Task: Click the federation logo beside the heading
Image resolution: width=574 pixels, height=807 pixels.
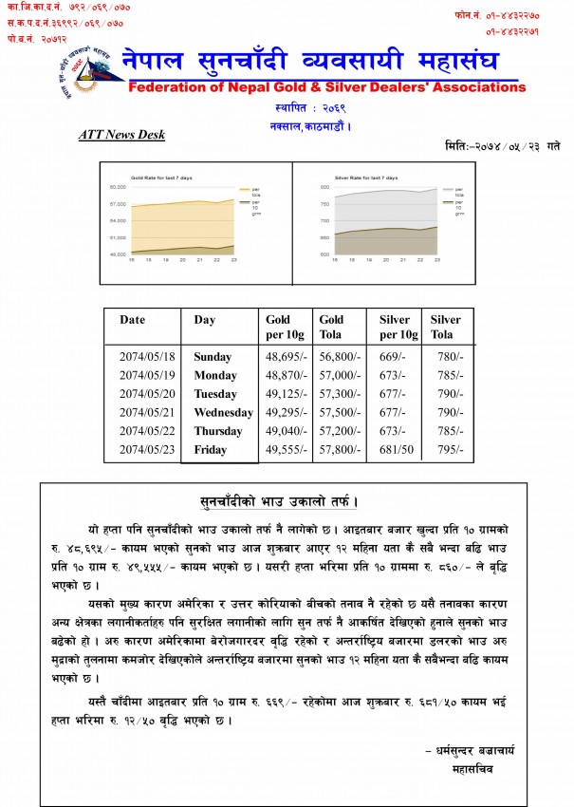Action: point(87,68)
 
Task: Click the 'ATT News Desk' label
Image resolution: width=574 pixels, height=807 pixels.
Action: point(121,135)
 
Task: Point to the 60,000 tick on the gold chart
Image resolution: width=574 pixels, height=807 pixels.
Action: point(118,187)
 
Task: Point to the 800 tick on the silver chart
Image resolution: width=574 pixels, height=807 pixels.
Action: point(324,187)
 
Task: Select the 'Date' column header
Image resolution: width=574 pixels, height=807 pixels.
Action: point(133,320)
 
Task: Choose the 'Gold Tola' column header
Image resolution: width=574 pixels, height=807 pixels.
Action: point(332,327)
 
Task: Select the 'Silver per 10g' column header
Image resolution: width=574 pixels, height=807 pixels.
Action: point(394,327)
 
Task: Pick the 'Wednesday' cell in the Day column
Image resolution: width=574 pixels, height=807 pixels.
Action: point(223,413)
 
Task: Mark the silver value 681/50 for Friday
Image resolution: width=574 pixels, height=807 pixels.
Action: point(396,450)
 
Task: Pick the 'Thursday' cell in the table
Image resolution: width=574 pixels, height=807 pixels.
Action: point(218,431)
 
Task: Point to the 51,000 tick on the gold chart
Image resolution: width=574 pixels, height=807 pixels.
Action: point(118,237)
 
